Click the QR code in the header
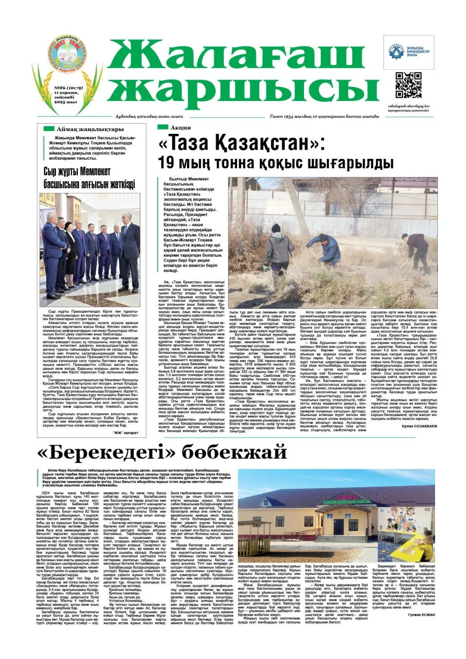pos(408,85)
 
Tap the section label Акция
pos(181,127)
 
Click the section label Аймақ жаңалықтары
pos(90,129)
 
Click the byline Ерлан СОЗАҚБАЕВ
pos(419,426)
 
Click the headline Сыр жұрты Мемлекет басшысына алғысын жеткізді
pos(89,178)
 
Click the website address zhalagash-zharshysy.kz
pos(409,107)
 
